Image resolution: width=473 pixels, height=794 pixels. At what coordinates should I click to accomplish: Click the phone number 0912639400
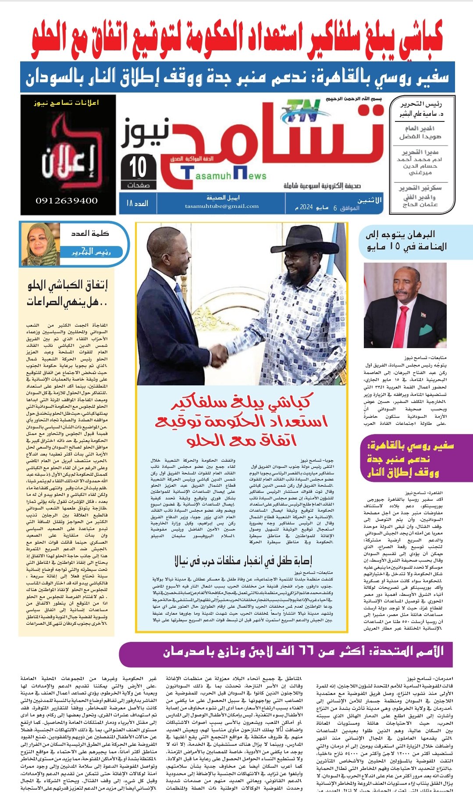[67, 201]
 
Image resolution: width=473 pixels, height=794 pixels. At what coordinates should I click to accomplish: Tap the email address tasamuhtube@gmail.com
[222, 206]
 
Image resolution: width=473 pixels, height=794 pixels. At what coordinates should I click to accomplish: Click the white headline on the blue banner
[237, 77]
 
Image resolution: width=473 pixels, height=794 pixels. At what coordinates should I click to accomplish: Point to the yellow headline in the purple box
[409, 459]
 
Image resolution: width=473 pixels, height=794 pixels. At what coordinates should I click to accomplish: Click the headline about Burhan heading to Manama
[406, 240]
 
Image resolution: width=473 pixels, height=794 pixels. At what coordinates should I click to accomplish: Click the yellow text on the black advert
[67, 103]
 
